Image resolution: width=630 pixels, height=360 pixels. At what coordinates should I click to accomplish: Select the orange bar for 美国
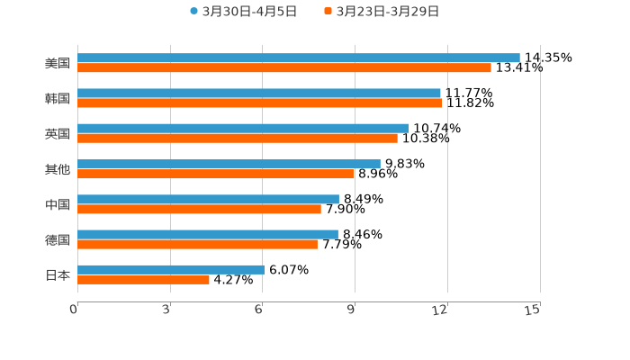284,67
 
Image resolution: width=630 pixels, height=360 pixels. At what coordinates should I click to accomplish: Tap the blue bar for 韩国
259,93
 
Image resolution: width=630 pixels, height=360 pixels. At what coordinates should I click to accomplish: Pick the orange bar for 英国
238,138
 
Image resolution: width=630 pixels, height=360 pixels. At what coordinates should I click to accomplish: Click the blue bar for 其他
229,164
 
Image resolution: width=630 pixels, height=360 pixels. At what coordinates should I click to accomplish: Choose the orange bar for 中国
199,209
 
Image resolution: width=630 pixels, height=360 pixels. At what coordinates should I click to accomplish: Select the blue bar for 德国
208,234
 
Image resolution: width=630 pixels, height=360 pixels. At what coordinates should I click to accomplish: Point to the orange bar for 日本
143,279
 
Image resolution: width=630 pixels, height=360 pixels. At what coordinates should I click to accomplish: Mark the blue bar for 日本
171,269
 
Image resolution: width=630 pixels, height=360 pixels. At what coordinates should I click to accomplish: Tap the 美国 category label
58,63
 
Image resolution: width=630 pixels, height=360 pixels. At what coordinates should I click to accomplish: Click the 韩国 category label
58,98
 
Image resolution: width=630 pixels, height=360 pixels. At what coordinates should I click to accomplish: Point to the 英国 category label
58,133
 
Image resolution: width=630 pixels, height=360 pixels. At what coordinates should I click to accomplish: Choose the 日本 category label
58,274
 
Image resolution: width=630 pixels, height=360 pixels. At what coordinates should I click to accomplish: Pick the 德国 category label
58,239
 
